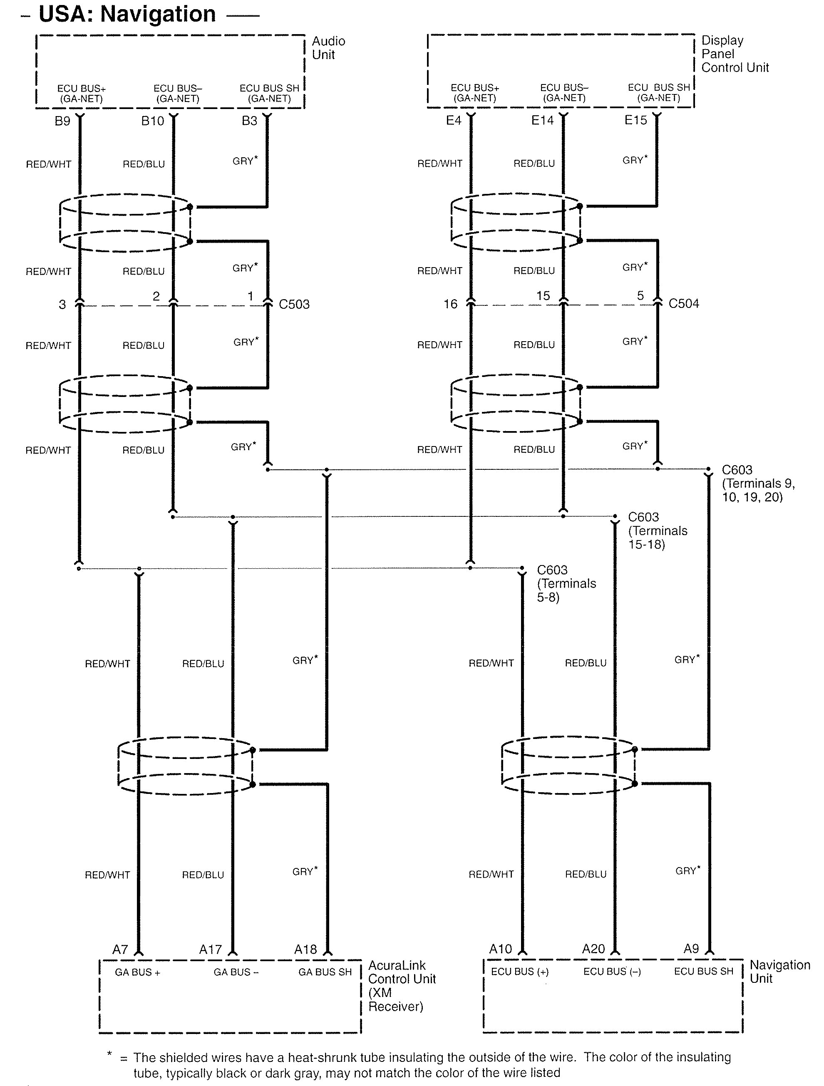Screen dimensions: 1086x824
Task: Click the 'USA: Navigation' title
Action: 127,14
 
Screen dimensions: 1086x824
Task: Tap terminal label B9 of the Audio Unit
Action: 62,121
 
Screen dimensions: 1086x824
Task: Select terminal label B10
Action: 152,121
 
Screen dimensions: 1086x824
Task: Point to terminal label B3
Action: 249,121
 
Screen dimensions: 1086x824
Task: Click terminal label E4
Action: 453,120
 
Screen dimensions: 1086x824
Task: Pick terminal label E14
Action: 542,120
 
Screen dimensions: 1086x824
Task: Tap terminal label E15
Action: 635,120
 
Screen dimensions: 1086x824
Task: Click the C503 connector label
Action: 294,305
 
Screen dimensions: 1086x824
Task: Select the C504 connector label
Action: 684,303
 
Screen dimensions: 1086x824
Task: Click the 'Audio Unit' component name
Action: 328,48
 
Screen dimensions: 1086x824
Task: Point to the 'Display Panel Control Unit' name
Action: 734,54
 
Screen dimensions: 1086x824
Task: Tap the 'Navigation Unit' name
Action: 779,972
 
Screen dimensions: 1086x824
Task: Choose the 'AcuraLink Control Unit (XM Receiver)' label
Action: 401,986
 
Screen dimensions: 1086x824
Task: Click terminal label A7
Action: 120,950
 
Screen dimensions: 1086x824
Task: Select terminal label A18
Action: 305,950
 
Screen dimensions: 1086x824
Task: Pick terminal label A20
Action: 593,949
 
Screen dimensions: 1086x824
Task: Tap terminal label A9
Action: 691,949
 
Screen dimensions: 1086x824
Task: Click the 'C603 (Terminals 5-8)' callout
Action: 566,584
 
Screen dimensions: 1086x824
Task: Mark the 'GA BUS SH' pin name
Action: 325,972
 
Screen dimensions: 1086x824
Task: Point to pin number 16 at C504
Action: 450,305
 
